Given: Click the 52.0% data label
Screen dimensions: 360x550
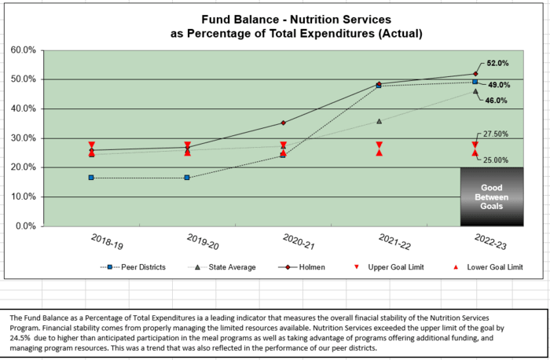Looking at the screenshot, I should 498,63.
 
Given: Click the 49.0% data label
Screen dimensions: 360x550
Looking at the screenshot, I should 499,85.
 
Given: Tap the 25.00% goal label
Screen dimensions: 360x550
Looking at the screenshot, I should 495,160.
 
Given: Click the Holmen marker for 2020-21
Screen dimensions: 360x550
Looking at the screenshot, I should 283,123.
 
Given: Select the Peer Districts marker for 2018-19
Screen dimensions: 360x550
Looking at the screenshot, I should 91,178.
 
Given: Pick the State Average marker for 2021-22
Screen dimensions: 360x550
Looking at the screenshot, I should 379,121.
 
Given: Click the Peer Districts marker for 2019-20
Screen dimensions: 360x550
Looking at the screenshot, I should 187,178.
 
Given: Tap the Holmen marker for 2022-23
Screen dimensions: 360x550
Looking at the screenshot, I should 475,74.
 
